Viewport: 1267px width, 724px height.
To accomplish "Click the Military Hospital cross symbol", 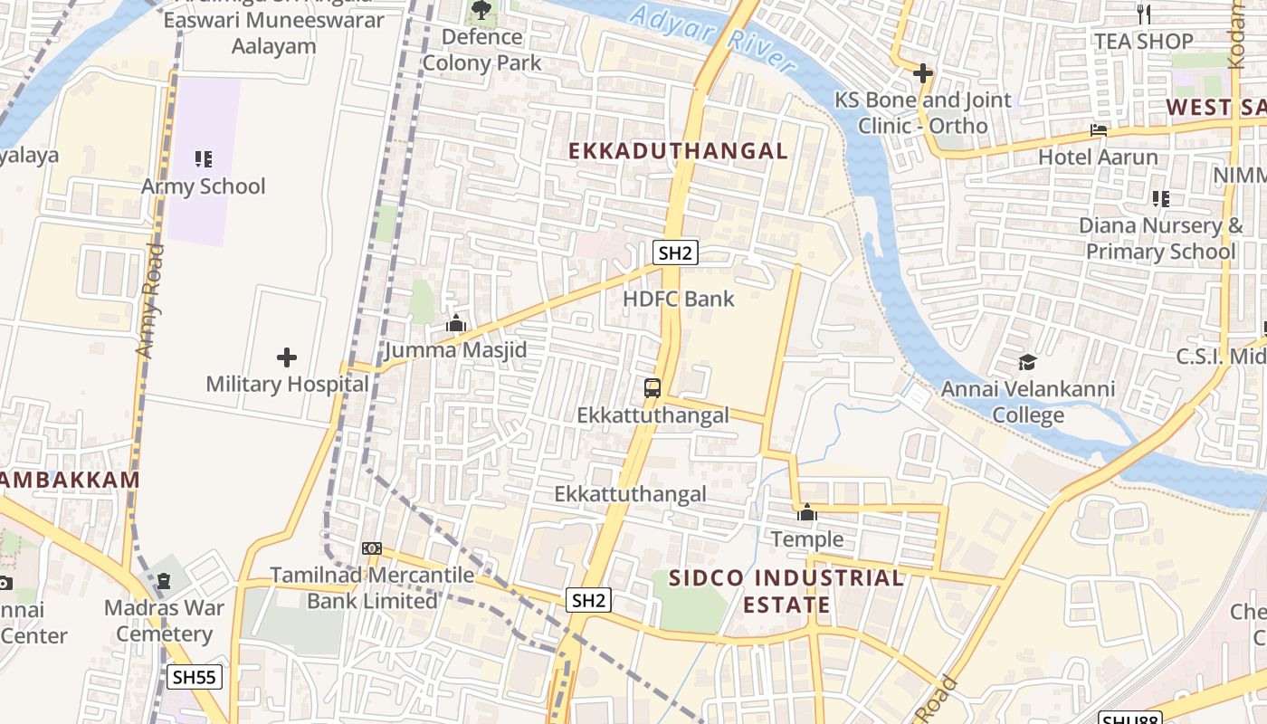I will pyautogui.click(x=287, y=357).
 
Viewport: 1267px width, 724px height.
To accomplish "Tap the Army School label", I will pyautogui.click(x=204, y=186).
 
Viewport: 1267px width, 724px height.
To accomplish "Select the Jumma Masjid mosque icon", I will pyautogui.click(x=456, y=324).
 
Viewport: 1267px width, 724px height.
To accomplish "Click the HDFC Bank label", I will pyautogui.click(x=679, y=299).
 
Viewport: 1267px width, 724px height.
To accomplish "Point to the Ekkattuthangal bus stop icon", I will pyautogui.click(x=653, y=388).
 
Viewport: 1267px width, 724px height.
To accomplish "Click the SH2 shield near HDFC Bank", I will pyautogui.click(x=676, y=252).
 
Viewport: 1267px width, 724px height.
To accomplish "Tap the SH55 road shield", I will pyautogui.click(x=195, y=677).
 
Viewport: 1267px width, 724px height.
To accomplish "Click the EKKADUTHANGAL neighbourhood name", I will pyautogui.click(x=679, y=151).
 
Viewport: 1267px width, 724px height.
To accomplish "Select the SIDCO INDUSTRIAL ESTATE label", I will pyautogui.click(x=786, y=591).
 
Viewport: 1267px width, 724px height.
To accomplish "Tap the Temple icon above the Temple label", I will pyautogui.click(x=806, y=513).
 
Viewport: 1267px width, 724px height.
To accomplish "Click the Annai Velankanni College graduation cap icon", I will pyautogui.click(x=1027, y=363).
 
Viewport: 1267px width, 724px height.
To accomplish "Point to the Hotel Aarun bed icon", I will pyautogui.click(x=1099, y=130).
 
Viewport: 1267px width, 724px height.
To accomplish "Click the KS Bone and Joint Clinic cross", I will pyautogui.click(x=923, y=72).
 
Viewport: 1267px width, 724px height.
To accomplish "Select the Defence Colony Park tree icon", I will pyautogui.click(x=481, y=11).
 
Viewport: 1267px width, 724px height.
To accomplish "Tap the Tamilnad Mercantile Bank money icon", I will pyautogui.click(x=371, y=548).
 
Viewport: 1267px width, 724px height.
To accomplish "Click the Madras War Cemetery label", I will pyautogui.click(x=164, y=620).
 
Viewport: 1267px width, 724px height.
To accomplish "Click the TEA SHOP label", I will pyautogui.click(x=1144, y=42).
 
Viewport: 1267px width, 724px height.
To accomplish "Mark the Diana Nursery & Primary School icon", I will pyautogui.click(x=1161, y=198).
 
